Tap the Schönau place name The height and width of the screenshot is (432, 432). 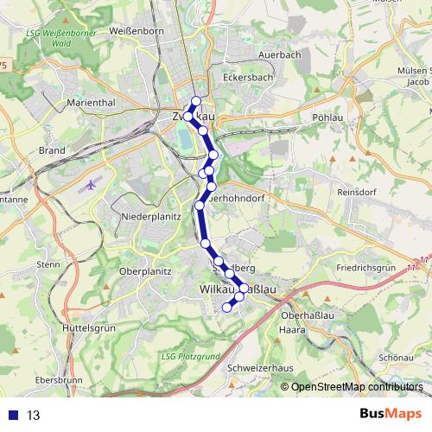coord(400,357)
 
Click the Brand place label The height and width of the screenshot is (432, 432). coord(52,149)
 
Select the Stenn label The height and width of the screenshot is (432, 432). coord(48,264)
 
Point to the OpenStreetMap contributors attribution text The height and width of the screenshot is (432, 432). coord(357,387)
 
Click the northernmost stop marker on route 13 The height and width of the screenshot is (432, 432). coord(196,101)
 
